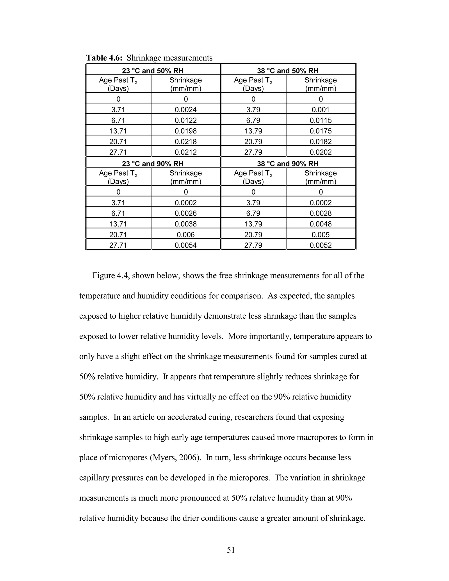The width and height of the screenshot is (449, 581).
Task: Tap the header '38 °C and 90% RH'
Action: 288,164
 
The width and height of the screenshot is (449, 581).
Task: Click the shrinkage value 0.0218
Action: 186,142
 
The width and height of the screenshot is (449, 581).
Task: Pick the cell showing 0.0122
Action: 186,120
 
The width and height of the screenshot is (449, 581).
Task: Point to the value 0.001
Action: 321,110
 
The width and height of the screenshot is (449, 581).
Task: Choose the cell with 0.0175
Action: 321,131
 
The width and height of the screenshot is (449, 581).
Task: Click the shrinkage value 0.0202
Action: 321,152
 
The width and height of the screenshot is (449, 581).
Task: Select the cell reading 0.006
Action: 186,235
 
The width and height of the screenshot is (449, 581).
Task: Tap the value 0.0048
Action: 321,224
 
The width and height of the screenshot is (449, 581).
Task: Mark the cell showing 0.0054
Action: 186,245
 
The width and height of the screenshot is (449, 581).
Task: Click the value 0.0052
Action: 321,245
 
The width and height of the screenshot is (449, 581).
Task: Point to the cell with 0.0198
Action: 186,131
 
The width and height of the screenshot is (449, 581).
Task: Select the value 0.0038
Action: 186,224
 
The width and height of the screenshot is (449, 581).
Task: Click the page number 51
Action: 231,550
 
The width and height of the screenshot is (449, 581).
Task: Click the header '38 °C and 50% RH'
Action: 288,71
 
